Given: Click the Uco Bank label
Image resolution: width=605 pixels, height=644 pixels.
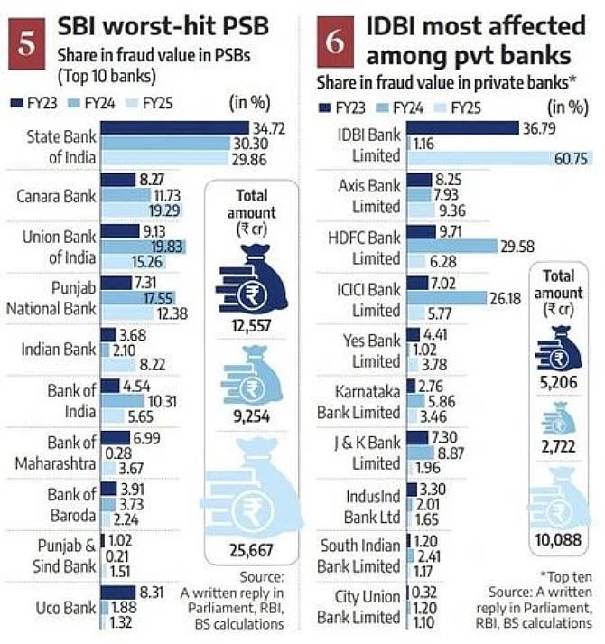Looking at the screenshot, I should click(x=65, y=607).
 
